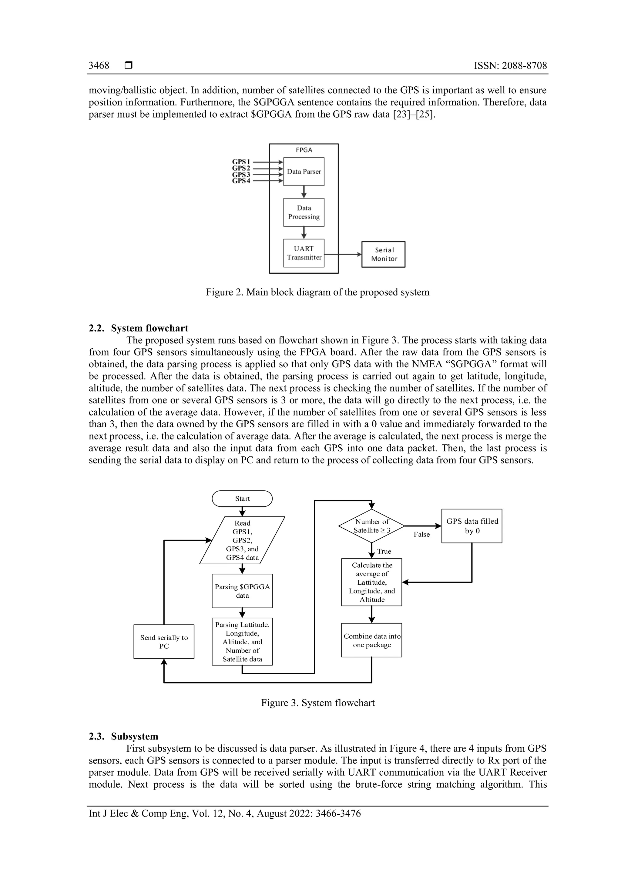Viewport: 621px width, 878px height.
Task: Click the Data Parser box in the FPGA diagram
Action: point(304,172)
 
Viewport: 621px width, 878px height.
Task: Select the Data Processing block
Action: point(304,212)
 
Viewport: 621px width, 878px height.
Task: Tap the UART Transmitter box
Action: point(304,253)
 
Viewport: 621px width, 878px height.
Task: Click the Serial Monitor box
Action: point(383,254)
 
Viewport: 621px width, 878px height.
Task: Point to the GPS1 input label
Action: point(241,162)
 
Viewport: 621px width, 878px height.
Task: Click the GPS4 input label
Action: point(241,181)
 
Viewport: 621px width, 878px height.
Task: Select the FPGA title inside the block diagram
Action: point(304,150)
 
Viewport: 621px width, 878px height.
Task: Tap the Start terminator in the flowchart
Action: point(242,499)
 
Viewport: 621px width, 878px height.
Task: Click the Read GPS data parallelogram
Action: point(242,540)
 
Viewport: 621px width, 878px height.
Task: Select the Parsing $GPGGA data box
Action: point(242,591)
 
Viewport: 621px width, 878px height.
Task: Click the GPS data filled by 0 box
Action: point(472,526)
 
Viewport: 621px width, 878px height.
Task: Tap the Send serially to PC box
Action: point(164,642)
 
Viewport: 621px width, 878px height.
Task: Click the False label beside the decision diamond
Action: point(422,535)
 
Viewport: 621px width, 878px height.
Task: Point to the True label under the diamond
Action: point(384,551)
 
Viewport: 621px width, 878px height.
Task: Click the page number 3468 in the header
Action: point(99,66)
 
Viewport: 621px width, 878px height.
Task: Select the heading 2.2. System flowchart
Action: point(139,328)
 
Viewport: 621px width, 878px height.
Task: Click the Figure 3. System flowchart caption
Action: point(317,703)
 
